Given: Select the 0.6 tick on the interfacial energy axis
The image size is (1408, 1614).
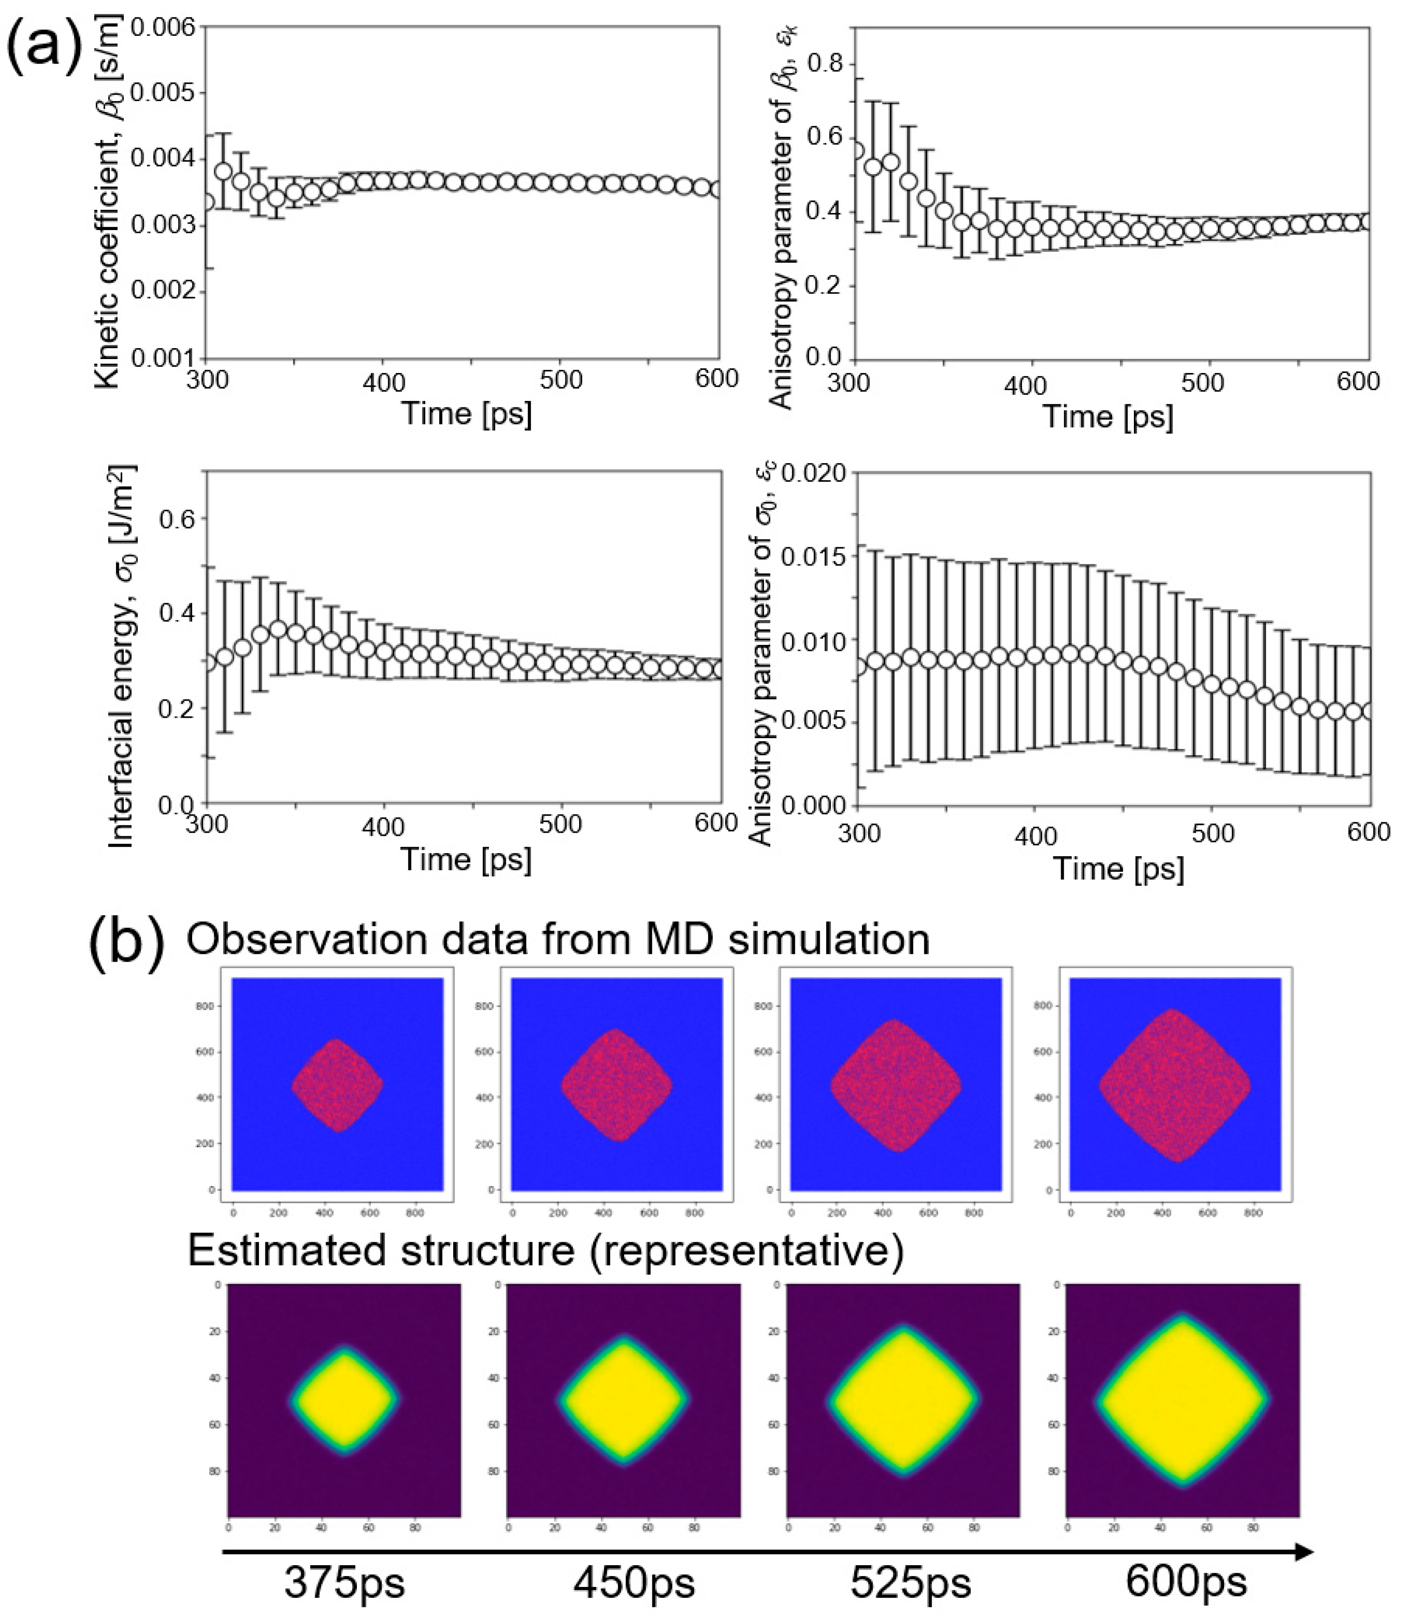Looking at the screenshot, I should pyautogui.click(x=177, y=519).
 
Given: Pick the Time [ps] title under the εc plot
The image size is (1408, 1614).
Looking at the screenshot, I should pyautogui.click(x=1118, y=868).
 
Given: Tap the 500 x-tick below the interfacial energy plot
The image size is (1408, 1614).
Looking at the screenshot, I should pyautogui.click(x=561, y=824).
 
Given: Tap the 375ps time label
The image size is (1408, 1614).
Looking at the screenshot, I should pyautogui.click(x=344, y=1582).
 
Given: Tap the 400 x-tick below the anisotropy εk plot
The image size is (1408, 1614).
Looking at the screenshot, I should pyautogui.click(x=1025, y=385).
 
